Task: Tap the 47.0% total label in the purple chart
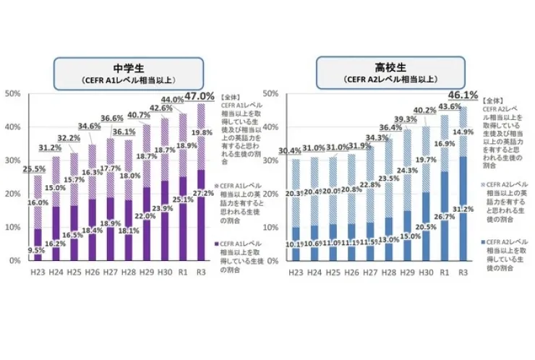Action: [200, 95]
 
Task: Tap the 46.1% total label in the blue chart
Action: [463, 95]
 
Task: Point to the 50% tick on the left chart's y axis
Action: [13, 94]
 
